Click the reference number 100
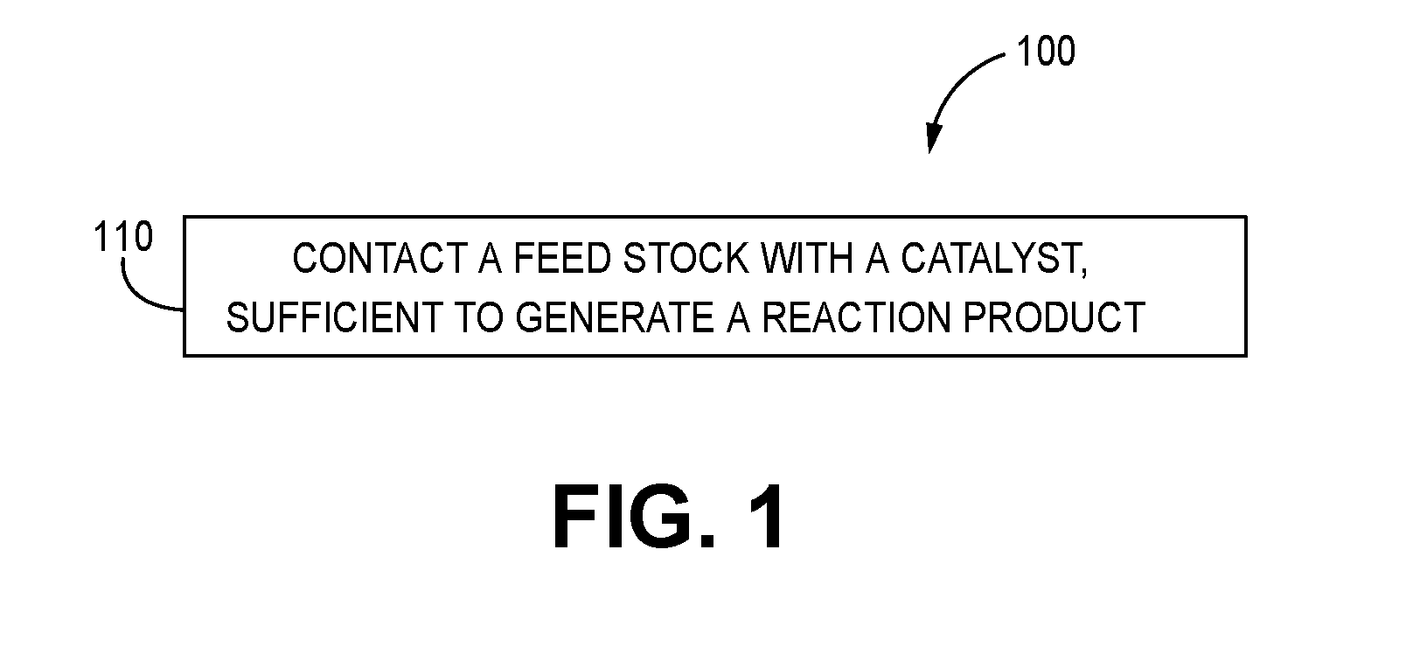coord(1046,51)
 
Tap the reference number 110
coord(123,237)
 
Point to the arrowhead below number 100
coord(933,137)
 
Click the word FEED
coord(562,258)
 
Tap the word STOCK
coord(686,258)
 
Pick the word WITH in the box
coord(807,258)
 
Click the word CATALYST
coord(990,258)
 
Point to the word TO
coord(479,317)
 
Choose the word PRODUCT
coord(1054,317)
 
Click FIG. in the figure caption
coord(634,518)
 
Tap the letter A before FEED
coord(491,258)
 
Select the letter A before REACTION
coord(738,317)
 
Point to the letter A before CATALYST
coord(878,258)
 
